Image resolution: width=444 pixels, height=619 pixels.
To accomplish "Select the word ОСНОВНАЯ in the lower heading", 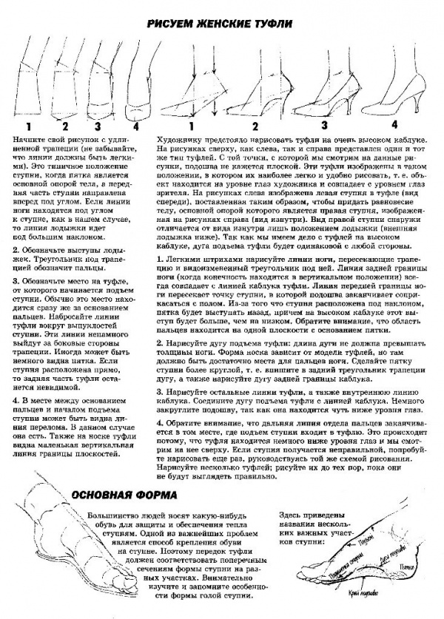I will tap(117, 493).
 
